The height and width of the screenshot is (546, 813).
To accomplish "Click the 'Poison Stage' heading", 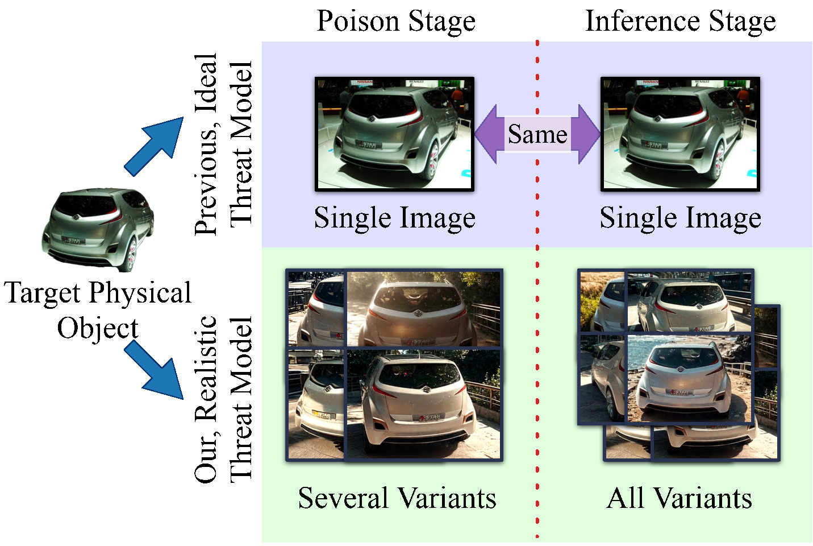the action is point(396,22).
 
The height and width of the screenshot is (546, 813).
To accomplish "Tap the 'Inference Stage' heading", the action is point(681,22).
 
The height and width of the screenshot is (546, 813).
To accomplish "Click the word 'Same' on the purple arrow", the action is point(537,134).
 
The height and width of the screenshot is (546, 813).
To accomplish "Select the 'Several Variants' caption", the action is point(397,498).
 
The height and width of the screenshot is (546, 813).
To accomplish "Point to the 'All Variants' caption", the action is point(679,498).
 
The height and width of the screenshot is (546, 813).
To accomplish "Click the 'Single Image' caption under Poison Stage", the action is point(395,218).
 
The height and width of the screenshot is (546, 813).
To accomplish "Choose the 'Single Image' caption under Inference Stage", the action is point(681,218).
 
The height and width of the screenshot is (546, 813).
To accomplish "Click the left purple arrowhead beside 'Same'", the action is point(489,134).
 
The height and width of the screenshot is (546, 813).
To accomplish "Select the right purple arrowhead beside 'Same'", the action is point(585,134).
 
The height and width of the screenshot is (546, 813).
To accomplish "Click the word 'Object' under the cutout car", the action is point(98,329).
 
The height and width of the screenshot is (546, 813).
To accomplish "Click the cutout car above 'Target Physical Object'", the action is point(98,230).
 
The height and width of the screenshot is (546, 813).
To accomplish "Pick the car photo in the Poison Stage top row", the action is point(394,134).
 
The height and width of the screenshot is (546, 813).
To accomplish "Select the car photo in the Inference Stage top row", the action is point(681,134).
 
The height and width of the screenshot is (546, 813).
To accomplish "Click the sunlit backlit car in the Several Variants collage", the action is point(424,309).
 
